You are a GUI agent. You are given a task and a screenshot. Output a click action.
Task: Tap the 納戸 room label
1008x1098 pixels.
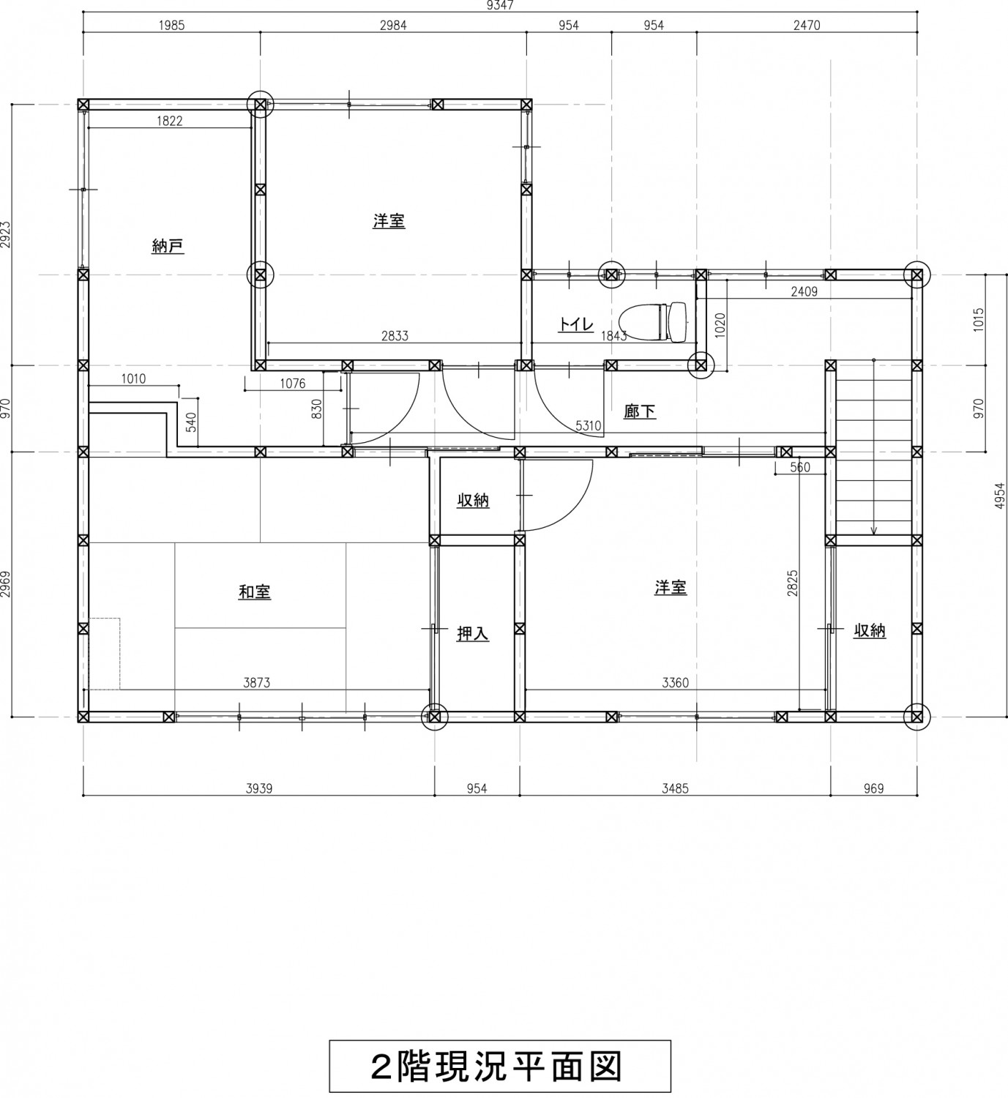[168, 246]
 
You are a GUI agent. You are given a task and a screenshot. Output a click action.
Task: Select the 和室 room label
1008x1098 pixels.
[255, 591]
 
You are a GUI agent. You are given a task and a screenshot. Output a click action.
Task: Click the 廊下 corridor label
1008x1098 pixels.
[640, 411]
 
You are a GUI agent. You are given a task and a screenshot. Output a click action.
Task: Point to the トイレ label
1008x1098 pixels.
[576, 324]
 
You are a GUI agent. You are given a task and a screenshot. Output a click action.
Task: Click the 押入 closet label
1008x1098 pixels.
[473, 634]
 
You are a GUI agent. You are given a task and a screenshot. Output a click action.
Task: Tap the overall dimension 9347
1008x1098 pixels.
[500, 5]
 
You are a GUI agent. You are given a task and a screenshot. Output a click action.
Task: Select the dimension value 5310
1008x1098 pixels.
[589, 425]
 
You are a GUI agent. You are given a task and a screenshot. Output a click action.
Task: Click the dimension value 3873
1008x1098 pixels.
[257, 682]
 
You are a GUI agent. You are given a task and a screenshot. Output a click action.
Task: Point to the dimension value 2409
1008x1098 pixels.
[804, 292]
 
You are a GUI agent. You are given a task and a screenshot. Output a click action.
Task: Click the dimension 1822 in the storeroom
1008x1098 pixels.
[169, 121]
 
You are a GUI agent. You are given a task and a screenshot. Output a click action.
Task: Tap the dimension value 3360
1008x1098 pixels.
[675, 682]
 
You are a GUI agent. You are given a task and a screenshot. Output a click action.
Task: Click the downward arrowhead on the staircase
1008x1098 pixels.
[874, 531]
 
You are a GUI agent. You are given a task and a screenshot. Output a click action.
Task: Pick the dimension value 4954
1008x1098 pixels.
[1001, 496]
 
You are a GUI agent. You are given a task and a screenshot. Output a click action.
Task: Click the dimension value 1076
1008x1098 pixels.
[292, 384]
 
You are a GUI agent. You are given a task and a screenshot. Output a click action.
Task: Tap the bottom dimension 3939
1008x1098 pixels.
[259, 789]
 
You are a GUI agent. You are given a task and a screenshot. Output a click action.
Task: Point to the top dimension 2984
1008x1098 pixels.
[393, 25]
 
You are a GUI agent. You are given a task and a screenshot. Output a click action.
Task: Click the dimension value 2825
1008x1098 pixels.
[792, 583]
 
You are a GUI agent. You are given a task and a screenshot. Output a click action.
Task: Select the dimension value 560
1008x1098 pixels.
[800, 468]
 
